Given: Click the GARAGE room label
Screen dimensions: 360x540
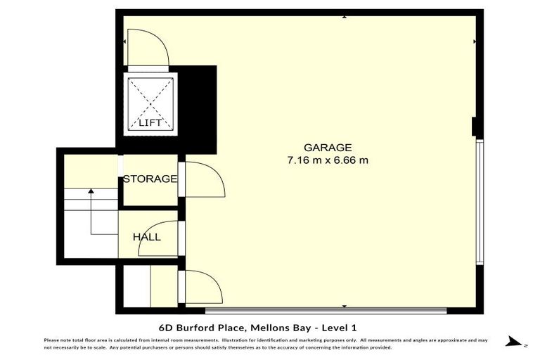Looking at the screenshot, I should click(327, 148).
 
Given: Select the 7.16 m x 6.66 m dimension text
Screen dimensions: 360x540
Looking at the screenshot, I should click(327, 160).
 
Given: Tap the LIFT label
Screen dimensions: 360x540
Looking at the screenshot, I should click(150, 123).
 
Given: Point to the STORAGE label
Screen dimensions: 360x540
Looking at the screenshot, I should click(150, 179).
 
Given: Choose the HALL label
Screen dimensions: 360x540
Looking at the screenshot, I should click(147, 237).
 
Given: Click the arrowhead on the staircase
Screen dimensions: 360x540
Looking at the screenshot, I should click(91, 190).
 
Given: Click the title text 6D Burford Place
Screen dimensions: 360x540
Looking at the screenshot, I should click(199, 327).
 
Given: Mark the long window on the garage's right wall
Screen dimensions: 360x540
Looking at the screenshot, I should click(480, 202).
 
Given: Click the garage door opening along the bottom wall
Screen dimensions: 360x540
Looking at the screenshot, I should click(325, 309).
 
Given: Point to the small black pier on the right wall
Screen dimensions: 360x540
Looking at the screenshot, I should click(475, 127).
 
